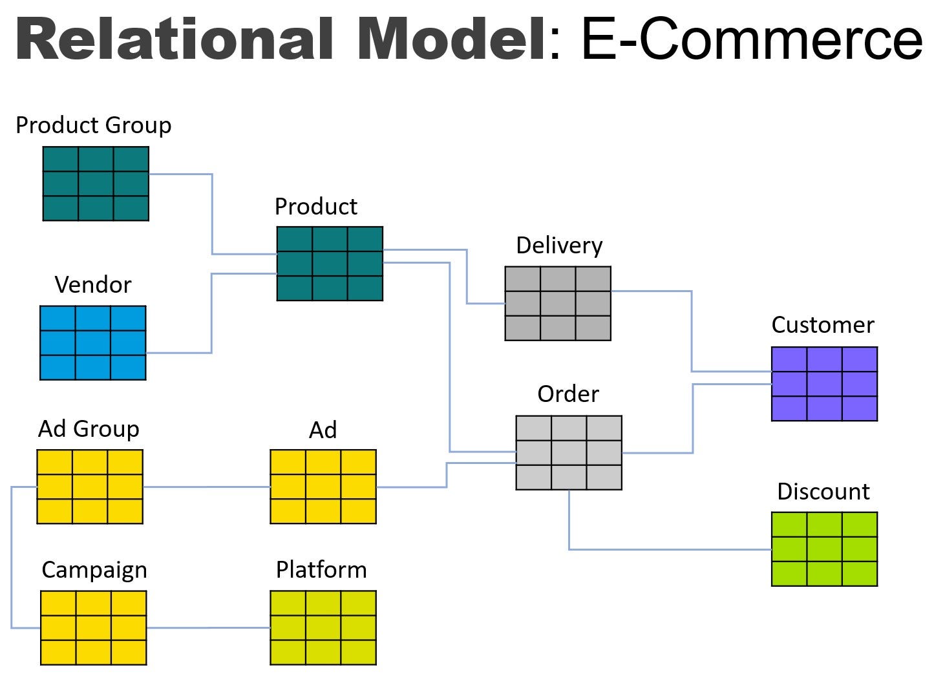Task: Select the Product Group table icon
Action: point(96,184)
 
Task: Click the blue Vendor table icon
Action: point(93,343)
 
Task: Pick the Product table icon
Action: point(330,264)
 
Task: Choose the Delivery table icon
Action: point(558,304)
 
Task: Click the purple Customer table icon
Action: point(824,384)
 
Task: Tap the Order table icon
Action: point(569,453)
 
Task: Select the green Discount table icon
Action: point(824,549)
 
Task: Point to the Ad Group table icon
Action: point(90,487)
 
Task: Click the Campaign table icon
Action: point(94,627)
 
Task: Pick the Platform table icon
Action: point(323,627)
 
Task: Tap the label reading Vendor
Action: point(93,285)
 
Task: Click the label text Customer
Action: point(823,325)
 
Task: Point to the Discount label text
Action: point(823,492)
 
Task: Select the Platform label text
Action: point(321,570)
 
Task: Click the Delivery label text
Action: point(559,246)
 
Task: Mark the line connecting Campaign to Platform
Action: point(208,627)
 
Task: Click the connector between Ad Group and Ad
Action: point(206,487)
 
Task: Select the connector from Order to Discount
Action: point(666,549)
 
